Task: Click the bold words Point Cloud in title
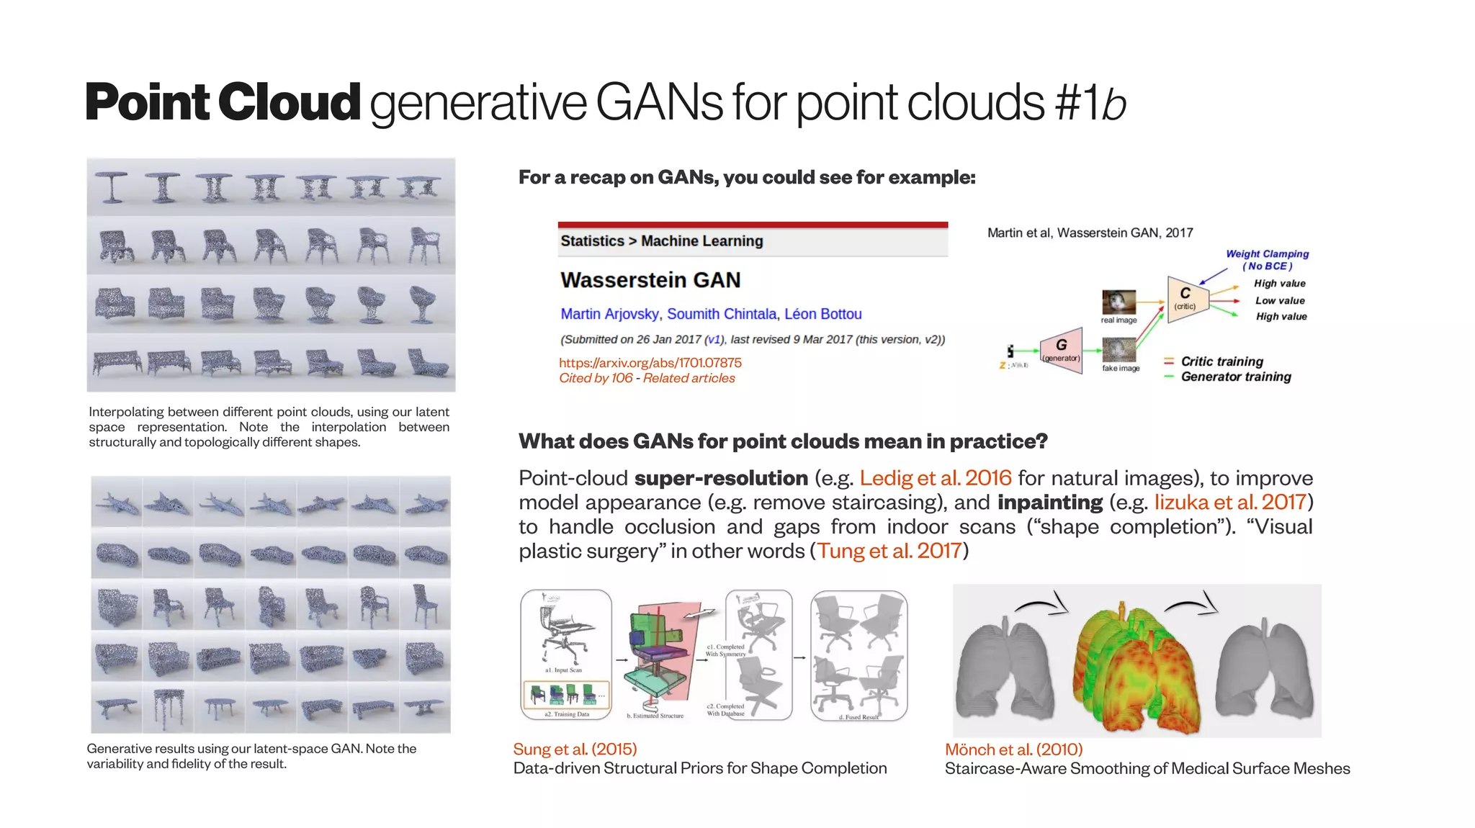(x=222, y=102)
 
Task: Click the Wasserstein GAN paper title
(x=650, y=280)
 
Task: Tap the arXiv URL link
(x=650, y=363)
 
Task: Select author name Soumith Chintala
(x=721, y=314)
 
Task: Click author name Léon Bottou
(x=822, y=314)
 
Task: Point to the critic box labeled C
(x=1186, y=297)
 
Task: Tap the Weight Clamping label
(x=1267, y=254)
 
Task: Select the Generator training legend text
(x=1235, y=377)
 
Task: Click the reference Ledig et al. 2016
(x=935, y=478)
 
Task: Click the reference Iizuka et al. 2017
(x=1229, y=503)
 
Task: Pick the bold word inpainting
(x=1049, y=503)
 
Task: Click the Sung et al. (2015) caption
(x=575, y=750)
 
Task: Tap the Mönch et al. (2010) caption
(x=1013, y=750)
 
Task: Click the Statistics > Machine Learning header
(x=661, y=241)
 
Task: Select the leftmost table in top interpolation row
(x=112, y=186)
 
